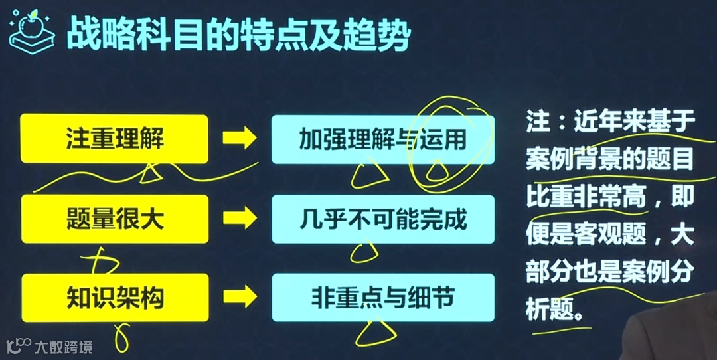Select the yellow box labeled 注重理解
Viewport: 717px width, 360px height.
115,139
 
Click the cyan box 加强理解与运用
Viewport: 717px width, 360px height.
383,139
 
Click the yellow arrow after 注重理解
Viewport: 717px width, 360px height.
239,139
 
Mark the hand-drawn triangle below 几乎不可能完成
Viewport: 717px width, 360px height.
364,253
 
